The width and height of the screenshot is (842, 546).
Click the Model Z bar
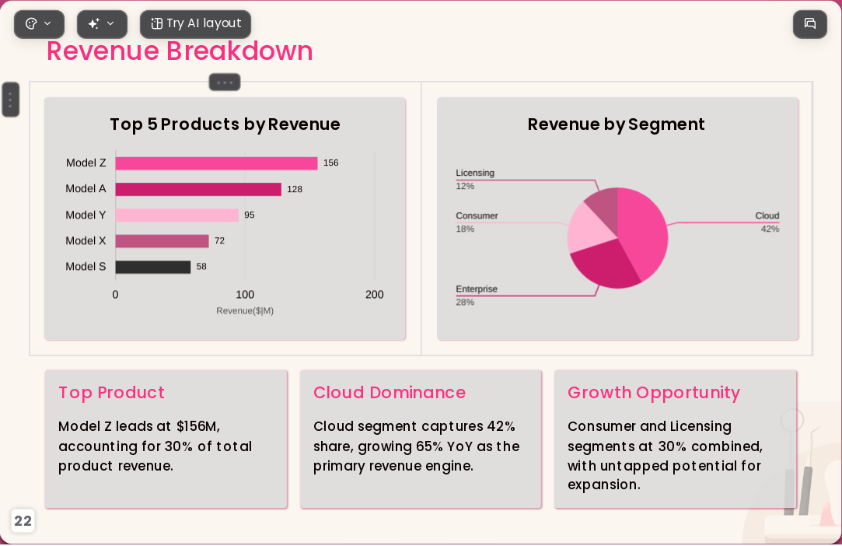pos(216,163)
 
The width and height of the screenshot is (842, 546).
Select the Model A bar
pos(198,189)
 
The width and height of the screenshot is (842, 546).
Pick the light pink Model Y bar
pos(176,215)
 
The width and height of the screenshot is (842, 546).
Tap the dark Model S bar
pos(153,267)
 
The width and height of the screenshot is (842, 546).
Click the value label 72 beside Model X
pos(219,241)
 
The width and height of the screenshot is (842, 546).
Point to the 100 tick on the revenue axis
pos(245,295)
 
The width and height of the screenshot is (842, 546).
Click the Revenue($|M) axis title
pos(245,310)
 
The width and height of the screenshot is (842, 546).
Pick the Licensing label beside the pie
pos(475,173)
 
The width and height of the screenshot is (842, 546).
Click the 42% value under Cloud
pos(770,229)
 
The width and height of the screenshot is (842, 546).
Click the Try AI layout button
pos(195,23)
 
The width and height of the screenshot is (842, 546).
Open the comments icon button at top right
pos(810,23)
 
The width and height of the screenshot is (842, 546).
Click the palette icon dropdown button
pos(39,23)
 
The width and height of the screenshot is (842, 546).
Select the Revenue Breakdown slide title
pos(180,51)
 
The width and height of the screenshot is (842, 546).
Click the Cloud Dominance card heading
pos(390,393)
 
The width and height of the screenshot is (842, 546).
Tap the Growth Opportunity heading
pos(654,393)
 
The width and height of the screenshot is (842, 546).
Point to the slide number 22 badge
pos(23,521)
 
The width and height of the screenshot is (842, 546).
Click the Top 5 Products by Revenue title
pos(225,124)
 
